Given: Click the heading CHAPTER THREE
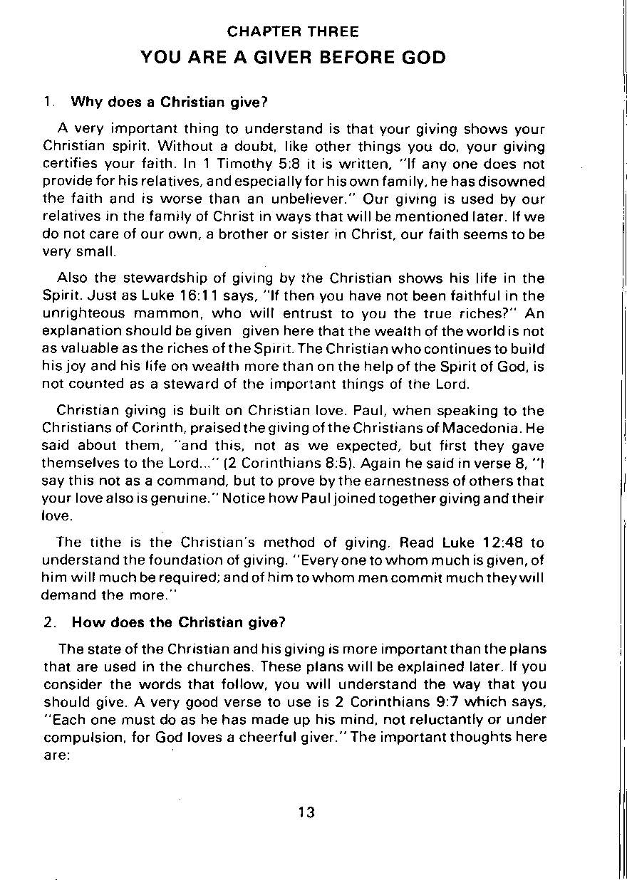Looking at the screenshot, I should pos(293,32).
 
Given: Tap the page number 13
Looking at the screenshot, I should pos(307,812).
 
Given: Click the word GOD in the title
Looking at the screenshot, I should pos(423,57).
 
